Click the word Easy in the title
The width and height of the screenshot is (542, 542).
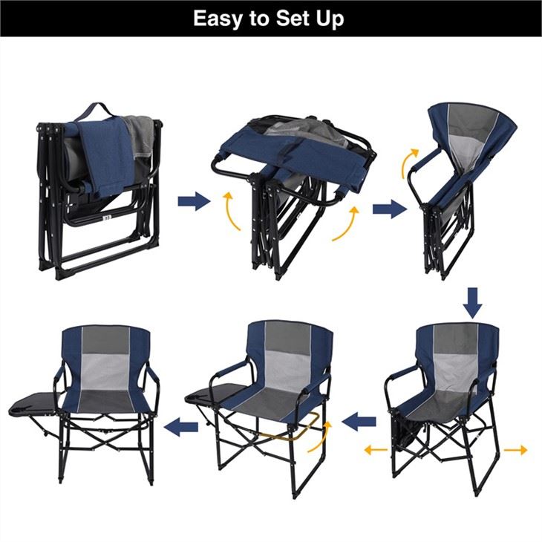click(x=218, y=19)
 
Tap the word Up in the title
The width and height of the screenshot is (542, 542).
click(x=330, y=19)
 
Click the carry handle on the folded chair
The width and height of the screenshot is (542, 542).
click(x=94, y=111)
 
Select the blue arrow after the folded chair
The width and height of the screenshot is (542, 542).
click(x=194, y=200)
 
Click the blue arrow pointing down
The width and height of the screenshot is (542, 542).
click(x=472, y=303)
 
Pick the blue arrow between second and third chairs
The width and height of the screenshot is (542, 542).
click(x=390, y=209)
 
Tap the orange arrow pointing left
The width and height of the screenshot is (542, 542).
click(x=376, y=450)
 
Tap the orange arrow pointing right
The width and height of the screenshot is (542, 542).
click(x=516, y=450)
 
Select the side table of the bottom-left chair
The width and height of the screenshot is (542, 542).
click(x=33, y=404)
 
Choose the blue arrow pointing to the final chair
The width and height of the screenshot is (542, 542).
click(x=181, y=427)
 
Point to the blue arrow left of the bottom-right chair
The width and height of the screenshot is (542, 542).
click(x=359, y=421)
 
